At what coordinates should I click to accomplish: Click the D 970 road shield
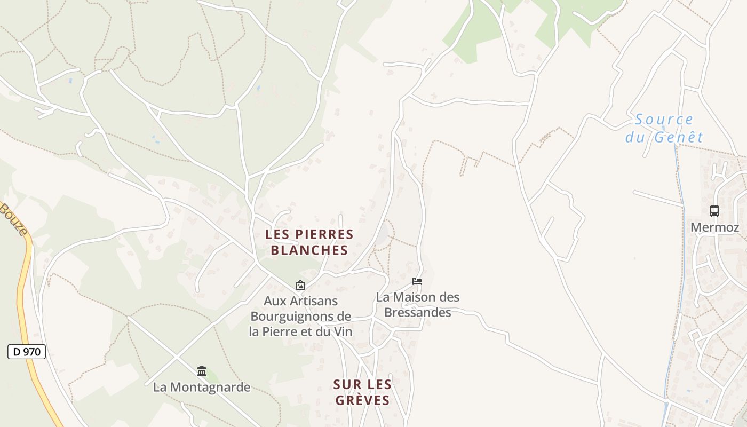pos(27,352)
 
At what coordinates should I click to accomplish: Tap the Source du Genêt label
pos(664,128)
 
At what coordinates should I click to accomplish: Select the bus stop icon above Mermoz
pos(714,211)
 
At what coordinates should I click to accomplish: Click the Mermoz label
pos(714,227)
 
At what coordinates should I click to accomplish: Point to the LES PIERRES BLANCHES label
pos(309,242)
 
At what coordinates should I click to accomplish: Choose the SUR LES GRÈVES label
pos(362,392)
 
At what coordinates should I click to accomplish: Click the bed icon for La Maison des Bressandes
pos(417,281)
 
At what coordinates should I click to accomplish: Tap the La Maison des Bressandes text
pos(417,304)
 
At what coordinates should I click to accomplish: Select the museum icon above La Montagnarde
pos(202,371)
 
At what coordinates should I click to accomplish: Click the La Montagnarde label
pos(202,387)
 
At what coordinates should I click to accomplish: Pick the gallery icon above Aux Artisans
pos(300,286)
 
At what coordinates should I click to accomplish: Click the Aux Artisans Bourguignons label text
pos(301,316)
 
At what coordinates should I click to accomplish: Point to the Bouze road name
pos(13,219)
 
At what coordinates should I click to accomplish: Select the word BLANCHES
pos(309,250)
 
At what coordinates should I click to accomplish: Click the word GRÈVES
pos(362,400)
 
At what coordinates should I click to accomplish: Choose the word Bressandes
pos(417,312)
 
